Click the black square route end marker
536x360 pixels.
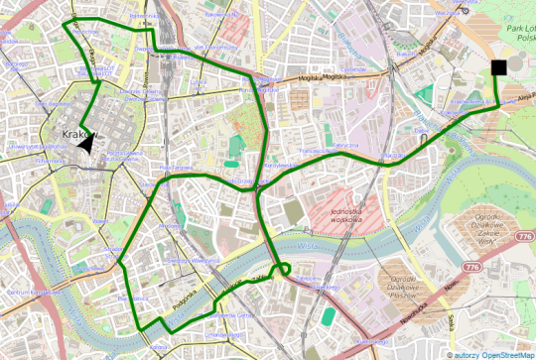498,66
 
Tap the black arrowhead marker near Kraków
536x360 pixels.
87,145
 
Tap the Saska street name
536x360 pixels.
451,323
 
